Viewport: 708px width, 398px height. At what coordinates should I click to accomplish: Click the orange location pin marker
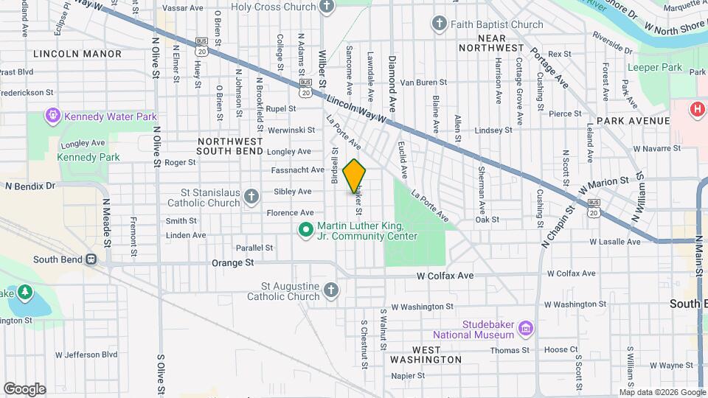(x=355, y=176)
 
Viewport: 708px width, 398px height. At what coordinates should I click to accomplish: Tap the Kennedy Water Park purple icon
(x=53, y=116)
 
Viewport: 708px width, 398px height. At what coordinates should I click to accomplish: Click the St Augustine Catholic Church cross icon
(x=330, y=290)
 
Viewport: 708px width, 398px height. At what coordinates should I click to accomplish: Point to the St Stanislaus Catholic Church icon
(x=251, y=197)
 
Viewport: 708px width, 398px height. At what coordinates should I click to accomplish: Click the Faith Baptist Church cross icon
(x=440, y=24)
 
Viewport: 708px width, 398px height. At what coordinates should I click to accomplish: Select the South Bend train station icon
(x=91, y=259)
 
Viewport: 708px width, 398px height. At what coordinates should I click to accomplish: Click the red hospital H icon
(x=696, y=110)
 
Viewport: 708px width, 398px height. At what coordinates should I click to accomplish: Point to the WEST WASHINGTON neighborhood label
(x=426, y=354)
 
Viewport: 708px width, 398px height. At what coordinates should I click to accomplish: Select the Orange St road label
(x=232, y=262)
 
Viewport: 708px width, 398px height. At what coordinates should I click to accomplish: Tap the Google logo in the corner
(x=24, y=388)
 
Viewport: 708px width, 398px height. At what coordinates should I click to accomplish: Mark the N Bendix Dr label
(x=30, y=186)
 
